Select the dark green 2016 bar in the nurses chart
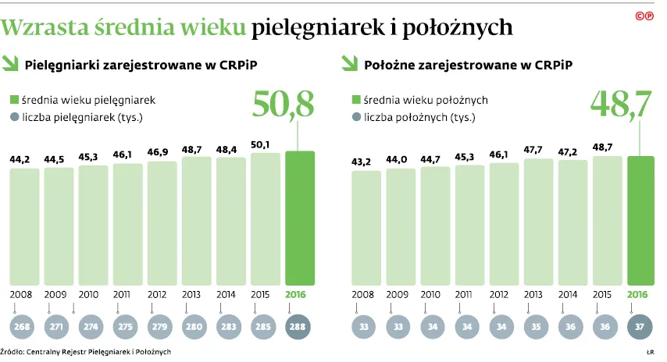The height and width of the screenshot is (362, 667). pos(301,218)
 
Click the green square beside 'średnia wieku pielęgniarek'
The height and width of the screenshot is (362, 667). pos(14,101)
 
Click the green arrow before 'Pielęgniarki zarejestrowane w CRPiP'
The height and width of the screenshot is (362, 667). pos(12,65)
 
